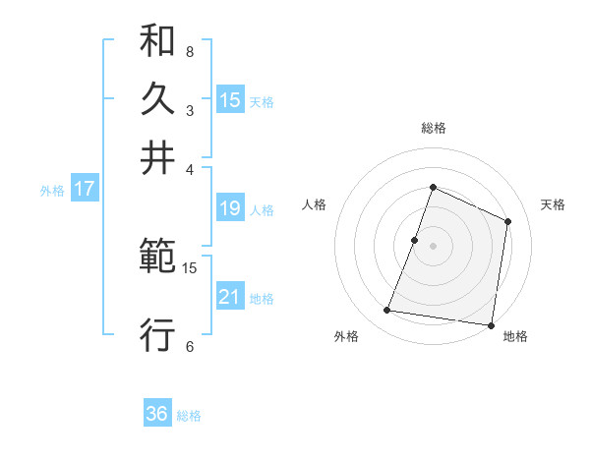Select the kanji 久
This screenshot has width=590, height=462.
[157, 99]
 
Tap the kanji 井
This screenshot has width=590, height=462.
[157, 158]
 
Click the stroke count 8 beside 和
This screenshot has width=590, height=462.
[190, 50]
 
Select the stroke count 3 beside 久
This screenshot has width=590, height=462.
[190, 109]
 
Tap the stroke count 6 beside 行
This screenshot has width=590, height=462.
[190, 346]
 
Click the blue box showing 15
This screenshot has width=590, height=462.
[230, 99]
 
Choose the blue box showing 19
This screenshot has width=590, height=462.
[230, 207]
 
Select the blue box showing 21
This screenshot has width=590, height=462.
[230, 297]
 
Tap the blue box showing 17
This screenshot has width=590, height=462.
[84, 189]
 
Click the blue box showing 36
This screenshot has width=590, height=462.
[157, 414]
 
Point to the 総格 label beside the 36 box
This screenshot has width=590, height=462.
[189, 416]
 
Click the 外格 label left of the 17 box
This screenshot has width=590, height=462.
[52, 191]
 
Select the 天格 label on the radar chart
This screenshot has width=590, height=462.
[553, 204]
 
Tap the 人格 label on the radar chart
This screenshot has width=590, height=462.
[314, 204]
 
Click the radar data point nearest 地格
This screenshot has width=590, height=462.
[492, 325]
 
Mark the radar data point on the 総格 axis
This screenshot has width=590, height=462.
[433, 187]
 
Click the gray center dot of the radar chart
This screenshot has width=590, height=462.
[433, 245]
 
